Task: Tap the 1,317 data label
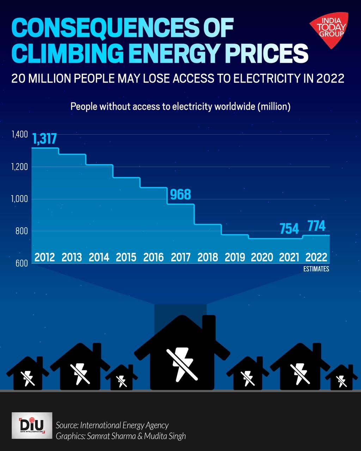point(45,139)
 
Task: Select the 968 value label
point(180,194)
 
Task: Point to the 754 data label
point(289,229)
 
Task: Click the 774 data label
point(316,226)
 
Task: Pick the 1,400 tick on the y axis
point(19,134)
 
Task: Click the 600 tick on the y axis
point(22,263)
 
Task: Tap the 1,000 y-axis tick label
point(19,199)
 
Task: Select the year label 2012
point(45,257)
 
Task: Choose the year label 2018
point(208,257)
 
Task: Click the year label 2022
point(316,257)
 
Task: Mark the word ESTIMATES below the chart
point(316,269)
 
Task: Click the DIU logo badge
point(32,425)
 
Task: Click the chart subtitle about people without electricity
point(180,106)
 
